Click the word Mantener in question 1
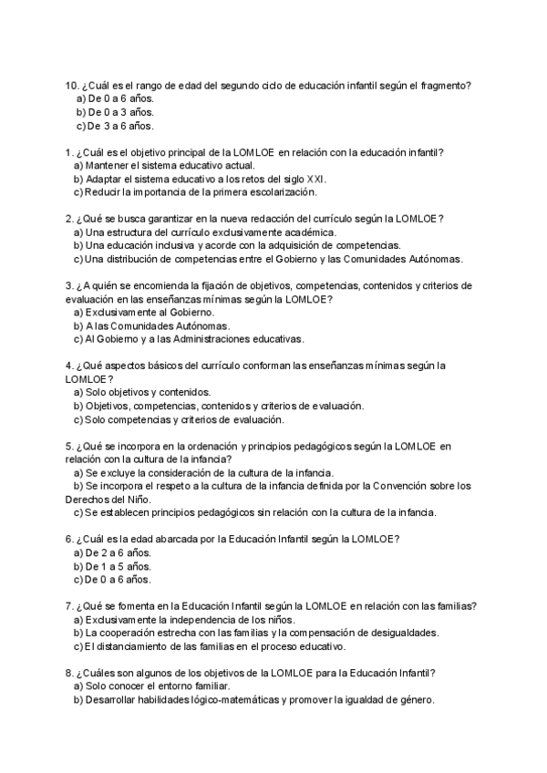pos(108,165)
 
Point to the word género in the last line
pos(416,700)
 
